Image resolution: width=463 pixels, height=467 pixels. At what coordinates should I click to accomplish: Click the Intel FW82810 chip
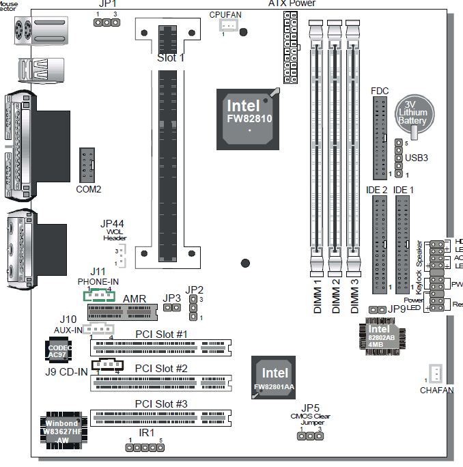point(247,118)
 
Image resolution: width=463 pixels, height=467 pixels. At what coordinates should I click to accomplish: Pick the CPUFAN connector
point(228,26)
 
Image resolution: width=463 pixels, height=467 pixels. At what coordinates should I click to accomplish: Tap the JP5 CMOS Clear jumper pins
point(310,436)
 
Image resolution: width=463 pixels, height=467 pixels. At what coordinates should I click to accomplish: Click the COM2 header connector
point(89,165)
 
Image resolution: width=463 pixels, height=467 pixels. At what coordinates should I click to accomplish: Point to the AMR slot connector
point(122,312)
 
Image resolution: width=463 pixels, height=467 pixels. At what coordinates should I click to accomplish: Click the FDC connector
point(380,137)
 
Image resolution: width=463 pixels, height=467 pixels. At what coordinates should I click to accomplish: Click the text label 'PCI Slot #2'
point(161,369)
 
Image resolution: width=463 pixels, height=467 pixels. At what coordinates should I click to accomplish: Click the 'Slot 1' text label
point(171,58)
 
